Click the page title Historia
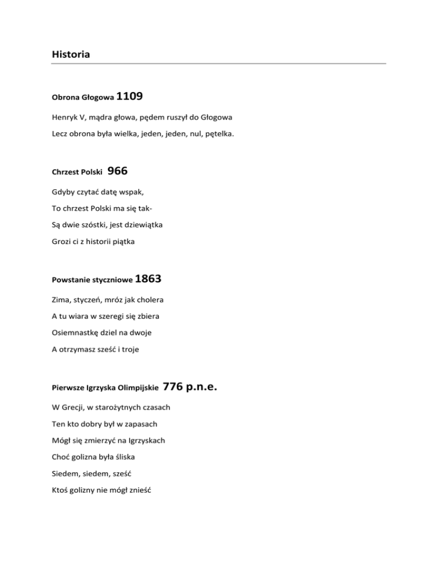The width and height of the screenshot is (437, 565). click(x=71, y=55)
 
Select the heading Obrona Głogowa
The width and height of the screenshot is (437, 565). click(x=83, y=98)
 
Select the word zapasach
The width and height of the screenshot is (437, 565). click(x=138, y=424)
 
